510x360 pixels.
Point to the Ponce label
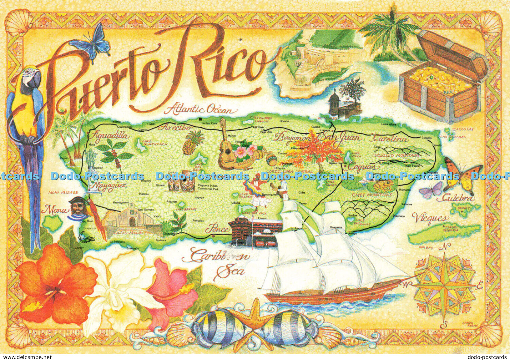click(217, 229)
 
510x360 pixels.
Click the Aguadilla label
click(110, 136)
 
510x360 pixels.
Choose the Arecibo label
click(177, 127)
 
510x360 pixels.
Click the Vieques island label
click(430, 218)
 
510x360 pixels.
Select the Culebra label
click(458, 198)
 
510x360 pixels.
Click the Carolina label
click(389, 139)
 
